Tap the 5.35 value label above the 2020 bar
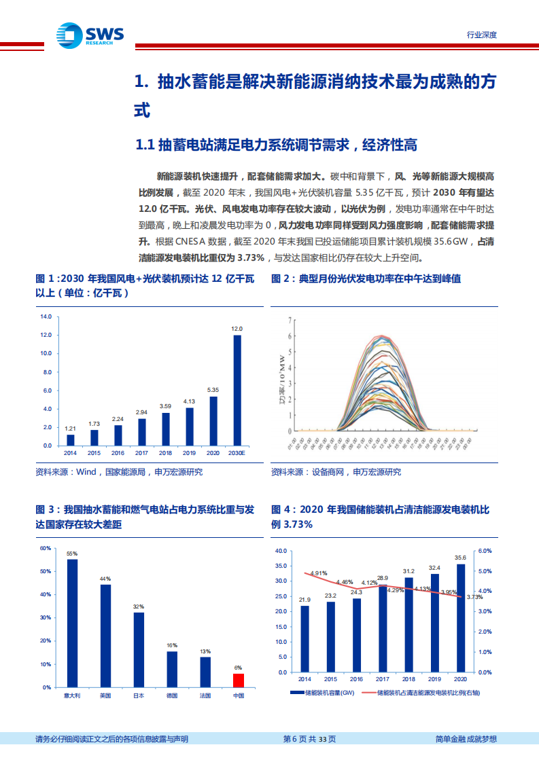(213, 390)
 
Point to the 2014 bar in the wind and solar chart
(70, 439)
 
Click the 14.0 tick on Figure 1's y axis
(46, 316)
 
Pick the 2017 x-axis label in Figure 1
(141, 453)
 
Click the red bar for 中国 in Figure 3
(238, 680)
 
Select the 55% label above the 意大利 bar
(72, 554)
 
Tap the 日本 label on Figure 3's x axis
(138, 696)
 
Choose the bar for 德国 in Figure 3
(171, 669)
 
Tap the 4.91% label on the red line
(319, 573)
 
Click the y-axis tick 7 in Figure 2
(290, 317)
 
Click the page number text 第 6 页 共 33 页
(309, 740)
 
